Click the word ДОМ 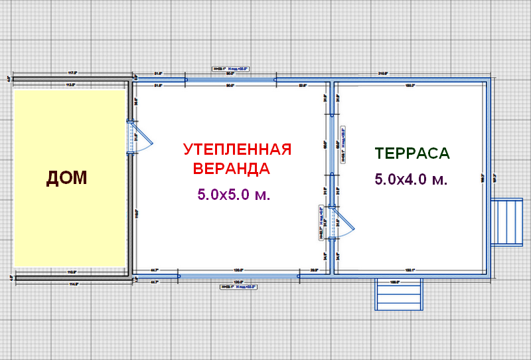point(66,177)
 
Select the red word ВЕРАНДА point(231,168)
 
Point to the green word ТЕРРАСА point(412,153)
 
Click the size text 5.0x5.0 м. point(236,195)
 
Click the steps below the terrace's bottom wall point(399,294)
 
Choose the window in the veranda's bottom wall point(238,274)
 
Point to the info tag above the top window point(230,68)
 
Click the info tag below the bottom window point(238,287)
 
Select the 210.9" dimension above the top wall point(383,73)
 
